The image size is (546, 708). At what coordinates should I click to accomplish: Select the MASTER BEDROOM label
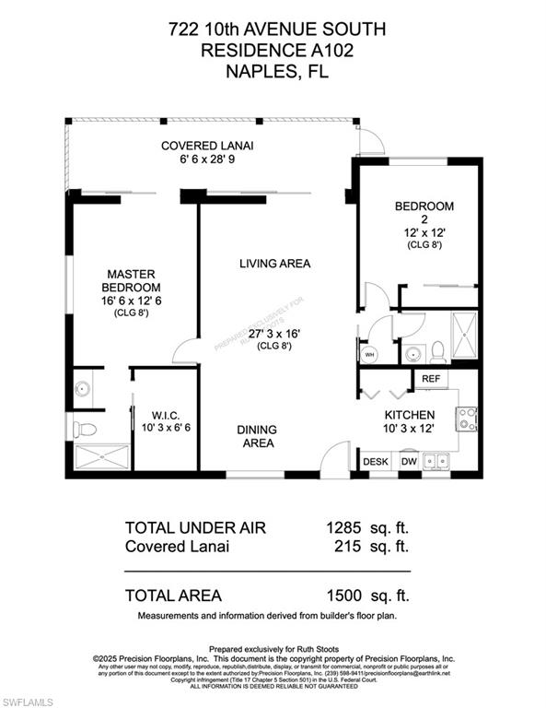click(x=130, y=274)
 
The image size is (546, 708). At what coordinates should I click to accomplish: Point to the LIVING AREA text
click(x=274, y=264)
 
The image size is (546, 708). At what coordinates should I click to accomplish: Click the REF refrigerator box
click(x=431, y=379)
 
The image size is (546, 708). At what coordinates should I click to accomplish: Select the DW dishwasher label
click(x=409, y=461)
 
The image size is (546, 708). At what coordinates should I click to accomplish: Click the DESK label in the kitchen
click(x=375, y=461)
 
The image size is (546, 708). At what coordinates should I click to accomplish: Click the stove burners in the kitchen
click(x=467, y=419)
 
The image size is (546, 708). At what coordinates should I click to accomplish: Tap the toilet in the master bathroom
click(x=85, y=429)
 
